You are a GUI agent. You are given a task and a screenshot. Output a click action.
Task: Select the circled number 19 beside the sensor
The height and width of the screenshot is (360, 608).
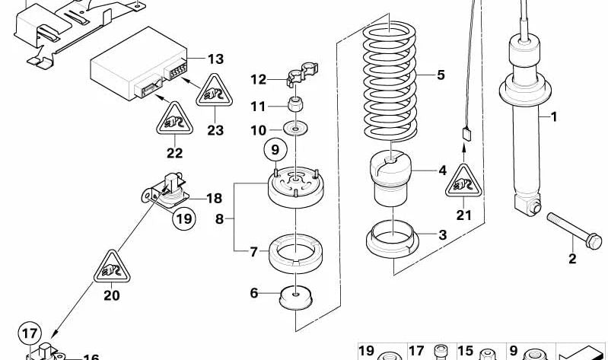pyautogui.click(x=183, y=220)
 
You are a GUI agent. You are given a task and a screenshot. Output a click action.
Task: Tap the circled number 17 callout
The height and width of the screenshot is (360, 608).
pyautogui.click(x=29, y=333)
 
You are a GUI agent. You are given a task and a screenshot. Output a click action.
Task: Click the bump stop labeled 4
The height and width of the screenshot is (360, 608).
pyautogui.click(x=391, y=180)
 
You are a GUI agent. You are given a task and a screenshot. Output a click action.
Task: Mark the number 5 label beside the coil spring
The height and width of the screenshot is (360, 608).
pyautogui.click(x=440, y=75)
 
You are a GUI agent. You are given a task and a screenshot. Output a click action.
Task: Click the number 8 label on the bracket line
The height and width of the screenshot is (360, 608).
pyautogui.click(x=220, y=218)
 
